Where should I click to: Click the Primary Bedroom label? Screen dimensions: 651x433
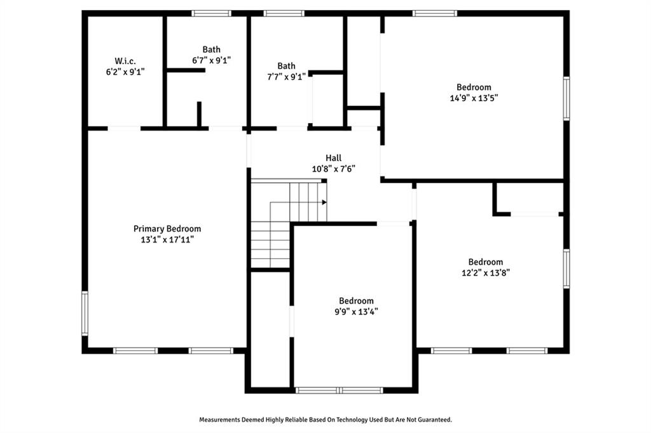167,229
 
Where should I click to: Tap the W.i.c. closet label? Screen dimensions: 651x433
125,61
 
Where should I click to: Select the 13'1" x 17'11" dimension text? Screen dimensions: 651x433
167,239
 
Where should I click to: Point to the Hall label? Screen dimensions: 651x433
333,157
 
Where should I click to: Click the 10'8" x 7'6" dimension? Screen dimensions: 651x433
333,169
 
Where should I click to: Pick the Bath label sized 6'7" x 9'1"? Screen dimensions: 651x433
211,50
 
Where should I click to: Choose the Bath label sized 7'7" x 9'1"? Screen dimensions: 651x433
287,65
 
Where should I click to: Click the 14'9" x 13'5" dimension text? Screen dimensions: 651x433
474,98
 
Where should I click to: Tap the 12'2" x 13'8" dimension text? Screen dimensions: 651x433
485,273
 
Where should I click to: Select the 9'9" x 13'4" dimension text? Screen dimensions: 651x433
356,312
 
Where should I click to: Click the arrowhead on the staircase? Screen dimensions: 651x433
324,203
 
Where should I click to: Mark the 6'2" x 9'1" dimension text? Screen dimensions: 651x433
125,72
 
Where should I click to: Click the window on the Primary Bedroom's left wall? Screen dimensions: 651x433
85,313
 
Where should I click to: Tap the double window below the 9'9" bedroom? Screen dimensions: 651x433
339,390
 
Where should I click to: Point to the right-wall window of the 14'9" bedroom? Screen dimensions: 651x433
566,98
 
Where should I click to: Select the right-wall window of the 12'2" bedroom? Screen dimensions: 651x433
566,269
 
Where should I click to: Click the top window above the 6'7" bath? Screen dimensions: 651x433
211,13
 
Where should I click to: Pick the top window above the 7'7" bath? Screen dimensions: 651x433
284,13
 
